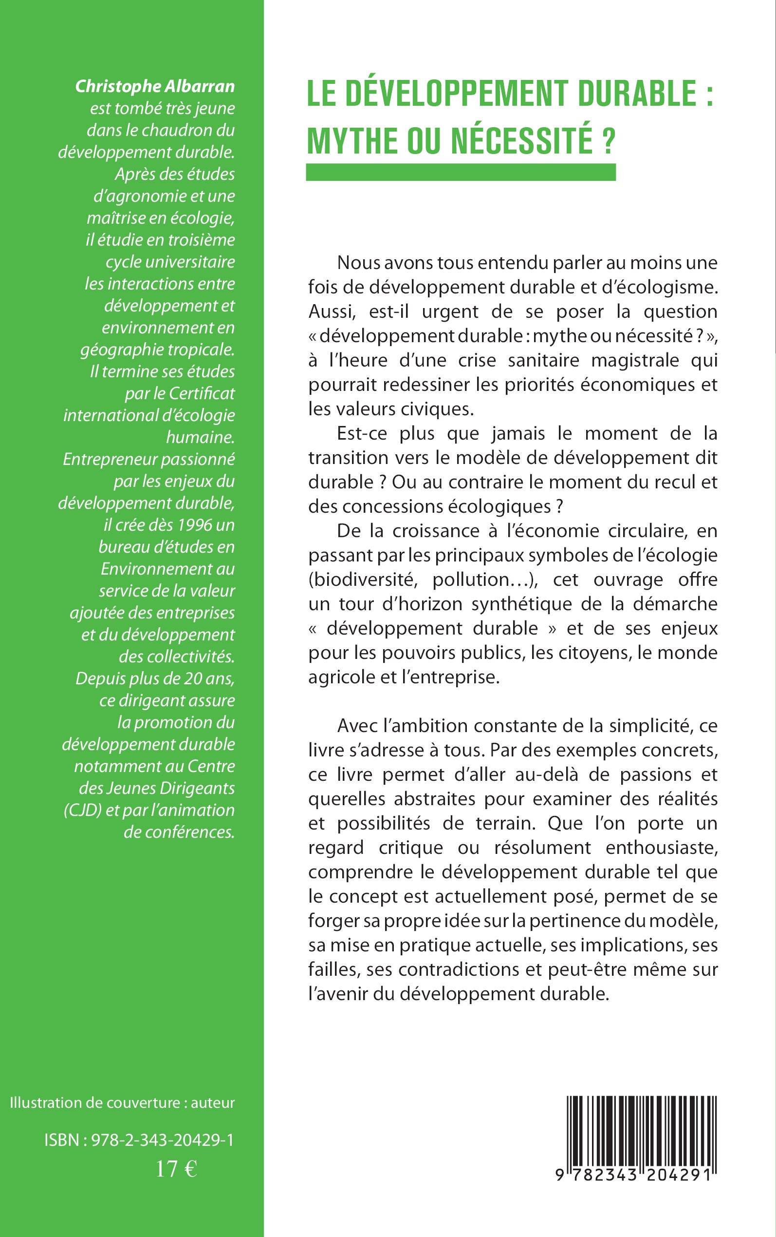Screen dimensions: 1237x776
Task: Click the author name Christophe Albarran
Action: (154, 86)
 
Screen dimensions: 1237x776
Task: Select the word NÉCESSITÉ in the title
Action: (521, 140)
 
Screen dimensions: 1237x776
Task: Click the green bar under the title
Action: (461, 172)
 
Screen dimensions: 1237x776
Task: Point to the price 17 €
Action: (176, 1170)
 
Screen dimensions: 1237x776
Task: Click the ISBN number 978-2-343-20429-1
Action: (162, 1140)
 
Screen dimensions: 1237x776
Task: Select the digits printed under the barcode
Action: (636, 1175)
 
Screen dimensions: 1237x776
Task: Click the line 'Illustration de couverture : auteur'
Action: (122, 1102)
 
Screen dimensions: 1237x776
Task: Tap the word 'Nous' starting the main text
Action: (358, 263)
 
